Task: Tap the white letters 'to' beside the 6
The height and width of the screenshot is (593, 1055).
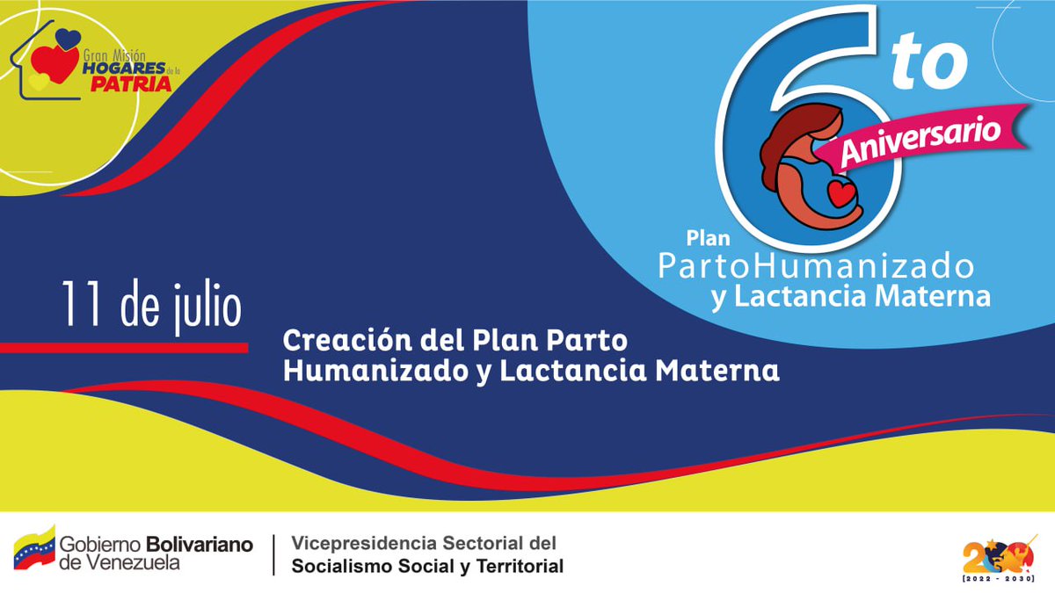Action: coord(930,69)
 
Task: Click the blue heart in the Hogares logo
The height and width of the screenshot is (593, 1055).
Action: coord(67,39)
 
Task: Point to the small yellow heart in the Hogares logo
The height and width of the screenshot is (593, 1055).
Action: coord(38,81)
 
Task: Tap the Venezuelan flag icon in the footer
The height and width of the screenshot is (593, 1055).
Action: coord(33,547)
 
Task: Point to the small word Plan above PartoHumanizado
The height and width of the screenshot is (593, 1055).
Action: coord(703,238)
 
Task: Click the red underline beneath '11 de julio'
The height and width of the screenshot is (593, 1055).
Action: coord(123,348)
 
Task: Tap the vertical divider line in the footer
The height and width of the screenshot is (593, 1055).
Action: coord(273,555)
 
